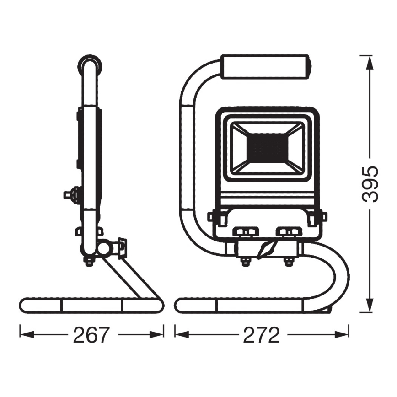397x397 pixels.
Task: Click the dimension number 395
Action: pyautogui.click(x=369, y=184)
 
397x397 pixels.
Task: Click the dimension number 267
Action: pyautogui.click(x=91, y=335)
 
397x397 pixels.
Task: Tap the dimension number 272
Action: pyautogui.click(x=262, y=335)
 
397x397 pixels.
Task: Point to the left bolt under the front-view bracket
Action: pyautogui.click(x=245, y=261)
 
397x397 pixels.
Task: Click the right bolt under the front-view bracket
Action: pyautogui.click(x=289, y=261)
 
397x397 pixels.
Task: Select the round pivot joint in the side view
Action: pyautogui.click(x=104, y=248)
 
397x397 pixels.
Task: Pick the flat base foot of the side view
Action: pyautogui.click(x=91, y=305)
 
